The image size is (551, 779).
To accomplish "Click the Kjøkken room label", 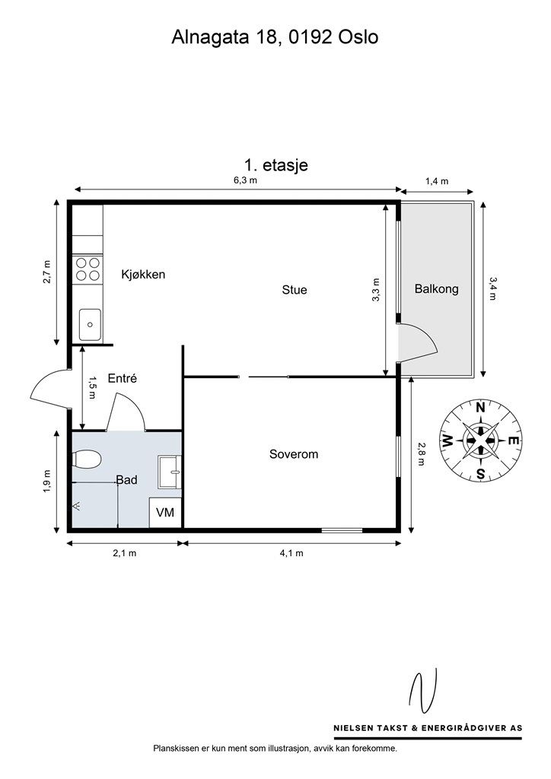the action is click(x=143, y=274).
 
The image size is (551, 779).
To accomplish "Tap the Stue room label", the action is click(x=294, y=290).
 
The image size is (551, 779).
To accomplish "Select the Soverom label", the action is click(x=294, y=453).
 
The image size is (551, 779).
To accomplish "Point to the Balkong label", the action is click(x=436, y=288).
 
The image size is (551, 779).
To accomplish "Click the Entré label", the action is click(x=123, y=378).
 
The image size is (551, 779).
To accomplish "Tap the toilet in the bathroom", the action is click(x=87, y=459).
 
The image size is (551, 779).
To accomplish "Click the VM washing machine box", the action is click(x=165, y=512).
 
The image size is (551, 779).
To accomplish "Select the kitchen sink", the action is click(x=90, y=324).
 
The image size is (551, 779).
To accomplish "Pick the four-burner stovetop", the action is click(x=88, y=269).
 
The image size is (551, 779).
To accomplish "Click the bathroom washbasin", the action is click(x=170, y=472).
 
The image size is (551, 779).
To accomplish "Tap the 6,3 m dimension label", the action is click(x=246, y=180).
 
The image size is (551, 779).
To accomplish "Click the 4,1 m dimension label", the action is click(x=291, y=553).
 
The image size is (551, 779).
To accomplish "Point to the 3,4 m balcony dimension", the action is click(x=492, y=288).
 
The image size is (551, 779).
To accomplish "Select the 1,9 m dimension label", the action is click(x=48, y=481).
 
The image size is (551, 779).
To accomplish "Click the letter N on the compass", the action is click(x=480, y=408).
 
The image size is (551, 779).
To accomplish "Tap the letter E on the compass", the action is click(x=515, y=440).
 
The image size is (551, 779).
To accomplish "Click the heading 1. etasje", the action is click(x=275, y=165).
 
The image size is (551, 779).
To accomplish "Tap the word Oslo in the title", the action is click(x=358, y=37).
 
